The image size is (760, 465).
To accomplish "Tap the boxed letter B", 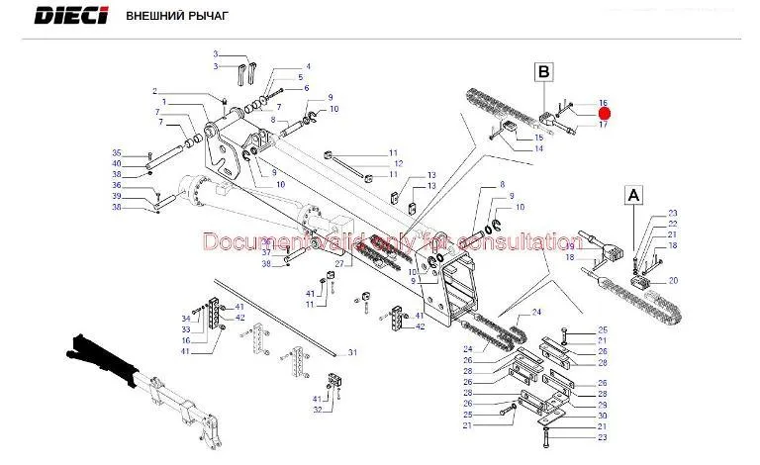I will [x=543, y=71].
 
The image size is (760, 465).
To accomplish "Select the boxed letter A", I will [x=632, y=196].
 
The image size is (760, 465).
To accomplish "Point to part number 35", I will [x=116, y=152].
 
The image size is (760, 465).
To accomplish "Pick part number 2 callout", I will [x=154, y=93].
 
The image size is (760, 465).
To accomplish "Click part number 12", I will [x=398, y=163].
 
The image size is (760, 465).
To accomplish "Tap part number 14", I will [x=538, y=148].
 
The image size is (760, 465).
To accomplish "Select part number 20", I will [x=673, y=281].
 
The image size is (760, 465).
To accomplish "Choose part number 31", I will [x=351, y=353].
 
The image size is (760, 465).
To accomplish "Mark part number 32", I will [x=319, y=410].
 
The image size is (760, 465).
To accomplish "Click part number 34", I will [x=185, y=318].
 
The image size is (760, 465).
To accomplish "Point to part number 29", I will [x=602, y=405].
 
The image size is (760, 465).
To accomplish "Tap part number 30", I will [x=602, y=416].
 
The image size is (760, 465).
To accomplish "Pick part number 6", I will [x=307, y=88].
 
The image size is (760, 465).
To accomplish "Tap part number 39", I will [x=116, y=196].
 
